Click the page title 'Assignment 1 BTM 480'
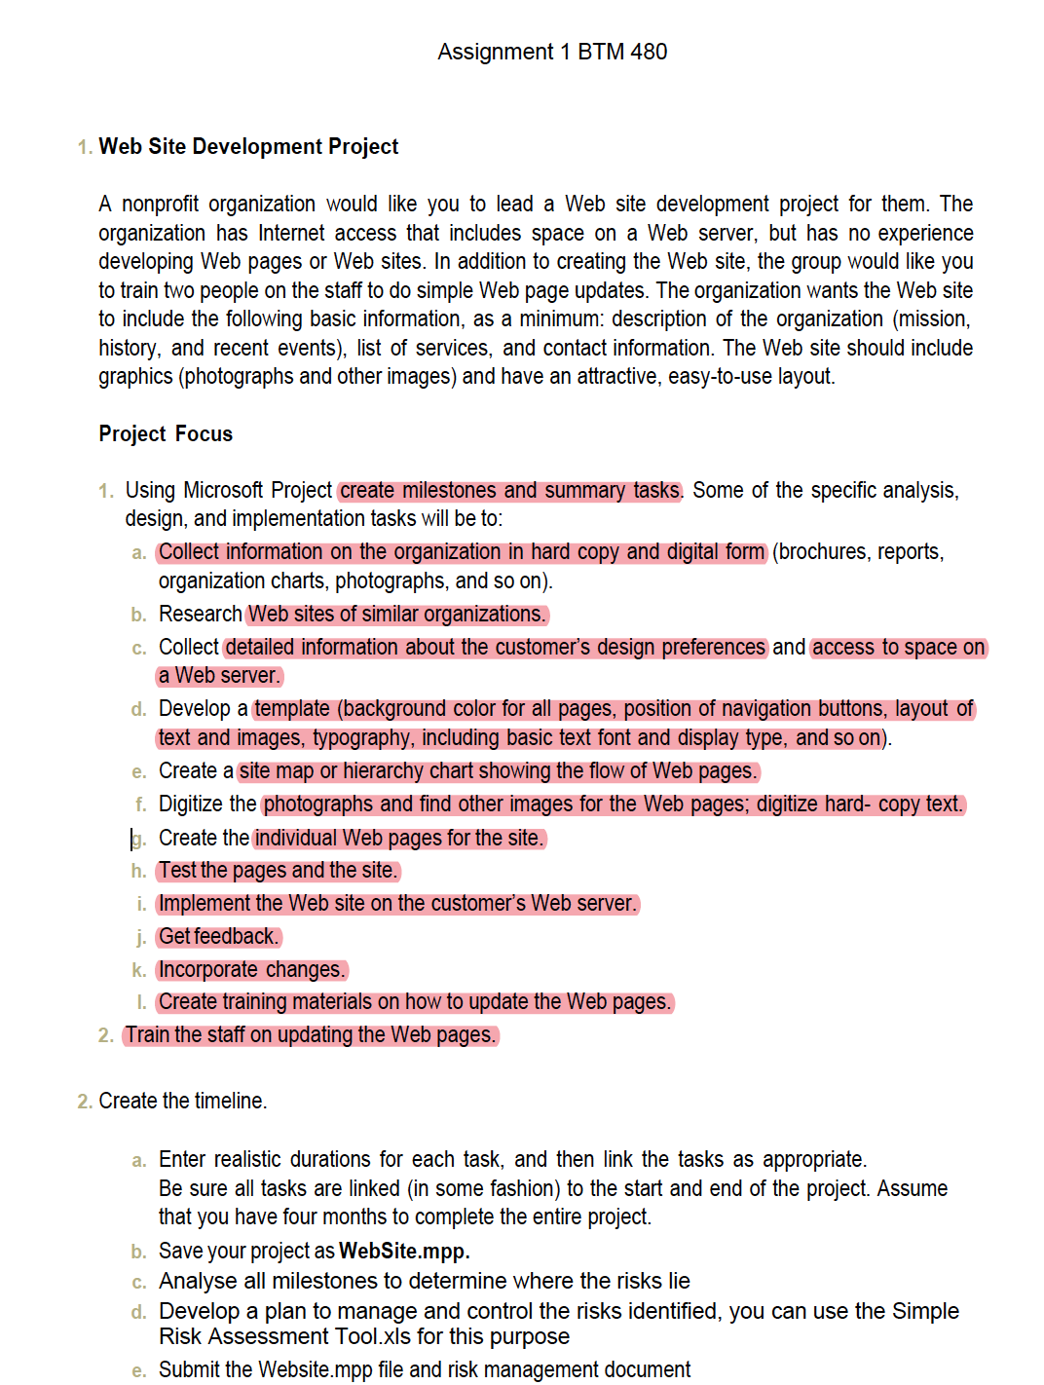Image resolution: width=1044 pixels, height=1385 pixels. tap(552, 52)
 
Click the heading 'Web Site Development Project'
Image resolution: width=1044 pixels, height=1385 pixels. tap(248, 146)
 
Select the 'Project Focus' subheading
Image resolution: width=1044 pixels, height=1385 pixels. tap(166, 433)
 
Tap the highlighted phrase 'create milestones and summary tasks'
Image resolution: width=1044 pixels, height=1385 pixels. tap(510, 490)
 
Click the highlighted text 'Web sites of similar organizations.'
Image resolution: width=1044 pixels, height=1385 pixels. tap(397, 615)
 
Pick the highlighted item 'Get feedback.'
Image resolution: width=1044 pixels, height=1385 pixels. tap(219, 937)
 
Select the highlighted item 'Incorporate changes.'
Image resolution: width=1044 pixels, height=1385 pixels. tap(252, 970)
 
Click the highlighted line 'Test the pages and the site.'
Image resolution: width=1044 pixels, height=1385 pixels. tap(279, 871)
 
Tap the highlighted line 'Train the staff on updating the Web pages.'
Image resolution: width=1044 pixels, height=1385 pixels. tap(311, 1035)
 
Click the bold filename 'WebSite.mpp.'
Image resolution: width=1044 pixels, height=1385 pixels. tap(404, 1251)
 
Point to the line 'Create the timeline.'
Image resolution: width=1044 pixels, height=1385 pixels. tap(182, 1101)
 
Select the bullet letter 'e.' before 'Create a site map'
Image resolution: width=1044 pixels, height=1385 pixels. tap(139, 772)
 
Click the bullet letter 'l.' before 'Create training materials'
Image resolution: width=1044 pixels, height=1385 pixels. tap(142, 1002)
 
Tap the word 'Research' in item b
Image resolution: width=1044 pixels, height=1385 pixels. tap(200, 615)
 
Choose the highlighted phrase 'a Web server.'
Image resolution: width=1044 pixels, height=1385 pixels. tap(220, 676)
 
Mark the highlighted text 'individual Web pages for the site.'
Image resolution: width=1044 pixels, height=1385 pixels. tap(399, 839)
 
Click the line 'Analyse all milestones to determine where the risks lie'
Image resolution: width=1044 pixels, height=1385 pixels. tap(424, 1281)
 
